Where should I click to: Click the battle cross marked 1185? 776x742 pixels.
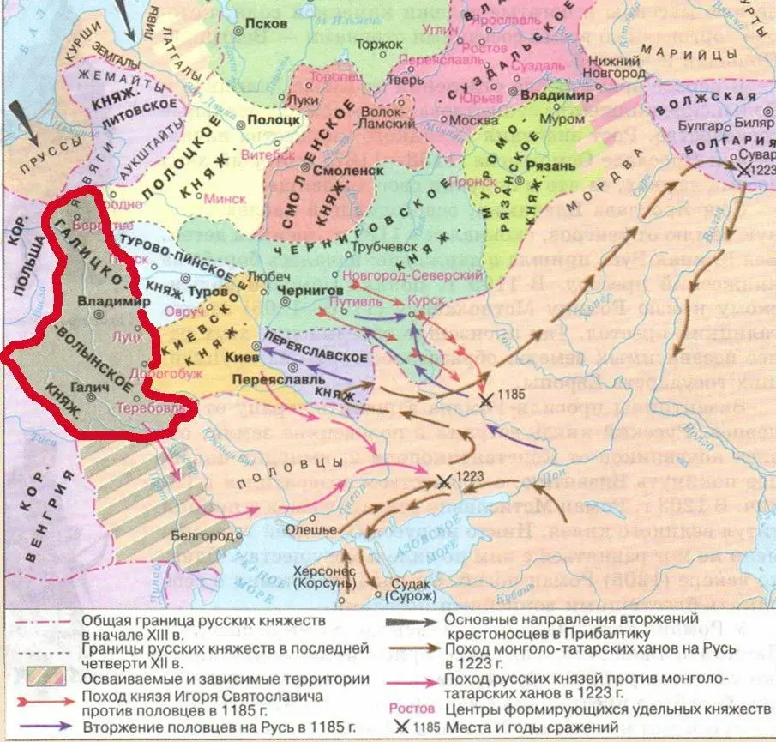[485, 401]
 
